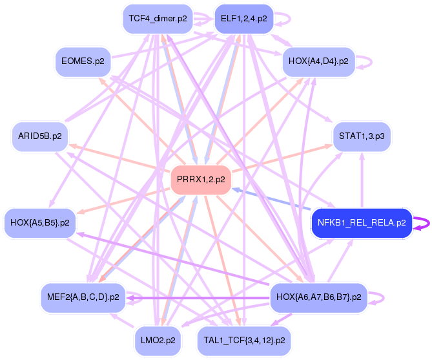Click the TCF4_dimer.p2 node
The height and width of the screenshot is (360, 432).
(158, 19)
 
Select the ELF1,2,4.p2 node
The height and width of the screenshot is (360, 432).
(243, 19)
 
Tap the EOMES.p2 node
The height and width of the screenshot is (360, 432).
(82, 61)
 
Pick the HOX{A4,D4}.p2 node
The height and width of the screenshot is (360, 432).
(319, 61)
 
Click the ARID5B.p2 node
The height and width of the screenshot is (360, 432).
(40, 136)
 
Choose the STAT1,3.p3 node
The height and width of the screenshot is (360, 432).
(362, 136)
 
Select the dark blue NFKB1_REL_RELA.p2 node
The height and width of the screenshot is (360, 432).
(362, 223)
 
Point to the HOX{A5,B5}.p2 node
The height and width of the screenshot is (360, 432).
(40, 223)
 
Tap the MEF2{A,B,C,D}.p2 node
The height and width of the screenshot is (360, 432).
(83, 297)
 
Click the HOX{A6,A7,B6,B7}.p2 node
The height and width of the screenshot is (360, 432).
(318, 297)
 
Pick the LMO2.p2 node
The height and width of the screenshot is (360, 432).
(158, 340)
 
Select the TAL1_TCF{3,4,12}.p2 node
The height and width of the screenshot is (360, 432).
(243, 340)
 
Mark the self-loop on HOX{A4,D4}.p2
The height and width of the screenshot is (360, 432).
(369, 61)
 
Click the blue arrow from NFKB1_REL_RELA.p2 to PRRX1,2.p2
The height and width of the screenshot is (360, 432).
(271, 198)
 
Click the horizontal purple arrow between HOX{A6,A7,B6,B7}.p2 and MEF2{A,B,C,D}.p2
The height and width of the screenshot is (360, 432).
(200, 298)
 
